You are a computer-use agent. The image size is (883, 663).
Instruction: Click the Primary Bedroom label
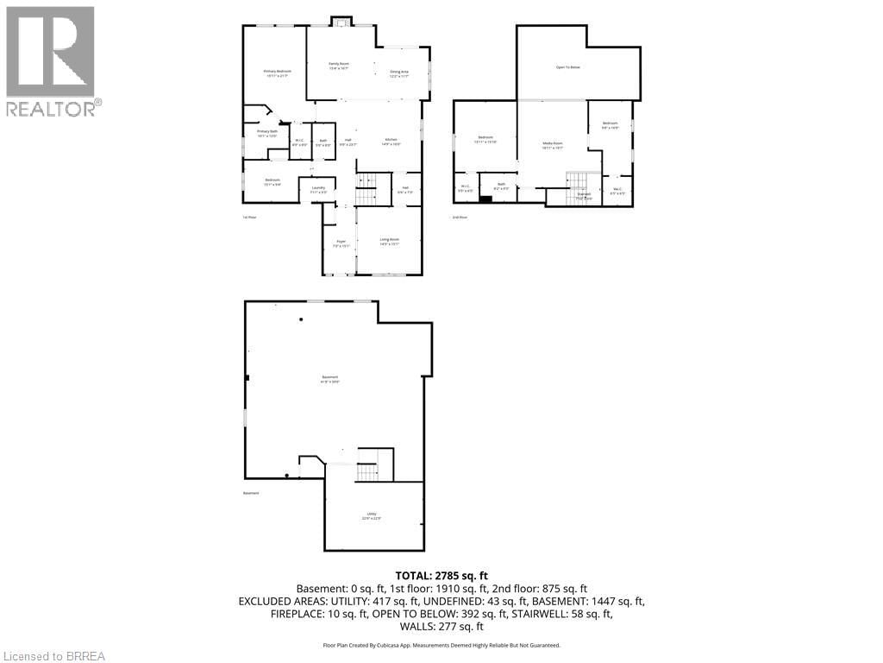point(277,73)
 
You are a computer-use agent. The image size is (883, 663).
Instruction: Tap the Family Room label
point(338,66)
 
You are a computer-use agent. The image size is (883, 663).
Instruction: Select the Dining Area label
point(398,73)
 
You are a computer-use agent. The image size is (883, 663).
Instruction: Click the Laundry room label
point(317,189)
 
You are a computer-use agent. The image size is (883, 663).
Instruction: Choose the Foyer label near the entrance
point(340,243)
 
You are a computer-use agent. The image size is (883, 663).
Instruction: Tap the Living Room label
point(389,241)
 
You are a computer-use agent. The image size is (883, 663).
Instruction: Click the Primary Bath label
point(266,133)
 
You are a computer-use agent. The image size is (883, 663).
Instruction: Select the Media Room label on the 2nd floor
point(552,145)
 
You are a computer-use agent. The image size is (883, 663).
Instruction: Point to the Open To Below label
point(567,66)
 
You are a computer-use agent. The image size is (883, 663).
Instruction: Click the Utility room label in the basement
point(371,515)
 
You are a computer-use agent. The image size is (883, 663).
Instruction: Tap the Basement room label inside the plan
point(330,379)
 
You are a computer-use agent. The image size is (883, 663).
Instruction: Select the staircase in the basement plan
point(368,471)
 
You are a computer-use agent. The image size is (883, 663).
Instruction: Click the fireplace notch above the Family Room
point(341,22)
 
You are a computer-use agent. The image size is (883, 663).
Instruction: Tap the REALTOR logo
point(51,60)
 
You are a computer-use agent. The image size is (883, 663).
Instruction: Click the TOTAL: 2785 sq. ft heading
point(441,575)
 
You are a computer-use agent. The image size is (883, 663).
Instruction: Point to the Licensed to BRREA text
point(53,656)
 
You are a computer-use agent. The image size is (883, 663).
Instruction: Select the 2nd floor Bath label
point(500,186)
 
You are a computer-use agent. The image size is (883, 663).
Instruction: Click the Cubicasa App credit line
point(441,645)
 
